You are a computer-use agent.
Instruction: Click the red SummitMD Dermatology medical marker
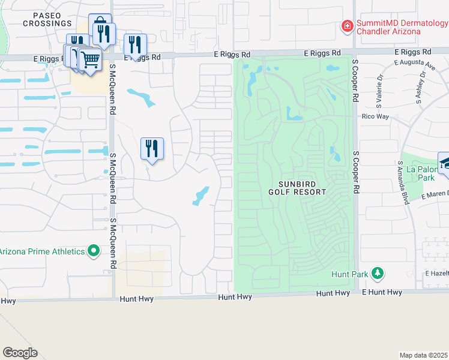pyautogui.click(x=347, y=26)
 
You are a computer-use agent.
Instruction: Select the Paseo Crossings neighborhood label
pyautogui.click(x=47, y=19)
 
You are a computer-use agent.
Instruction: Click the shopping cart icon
pyautogui.click(x=90, y=59)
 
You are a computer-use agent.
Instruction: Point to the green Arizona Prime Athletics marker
pyautogui.click(x=94, y=251)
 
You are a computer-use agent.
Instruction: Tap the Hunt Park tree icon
pyautogui.click(x=377, y=274)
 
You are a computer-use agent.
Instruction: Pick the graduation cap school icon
pyautogui.click(x=445, y=163)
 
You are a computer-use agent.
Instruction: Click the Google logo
pyautogui.click(x=20, y=353)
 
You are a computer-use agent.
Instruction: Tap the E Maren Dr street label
pyautogui.click(x=435, y=195)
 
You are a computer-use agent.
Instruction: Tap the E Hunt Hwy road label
pyautogui.click(x=382, y=292)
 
